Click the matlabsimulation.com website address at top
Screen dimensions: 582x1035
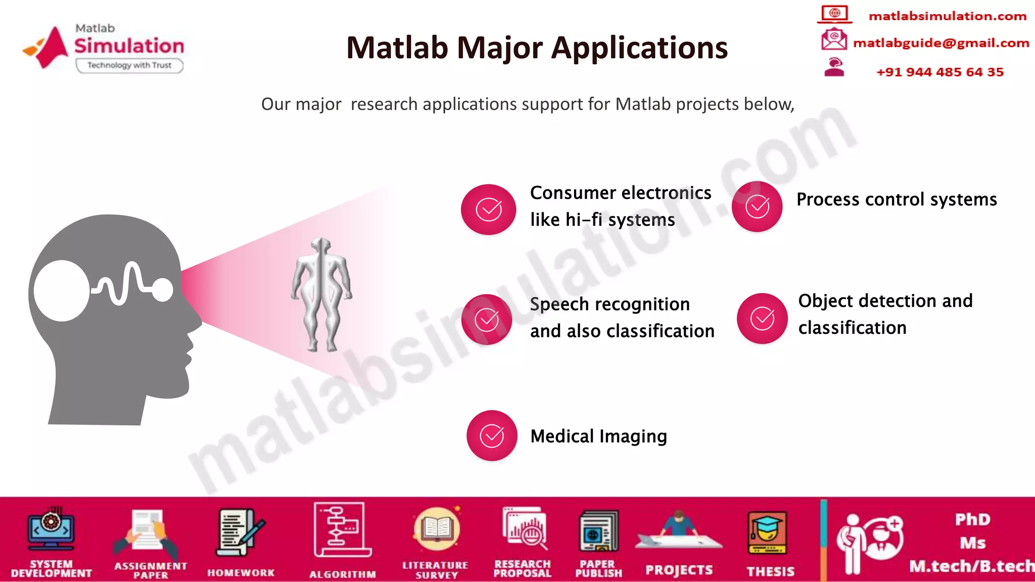point(947,16)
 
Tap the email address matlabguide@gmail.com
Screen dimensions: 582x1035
point(940,43)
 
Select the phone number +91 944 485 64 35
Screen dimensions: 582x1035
point(939,72)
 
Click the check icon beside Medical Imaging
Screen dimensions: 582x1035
point(492,435)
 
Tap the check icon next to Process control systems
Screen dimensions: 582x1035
point(757,206)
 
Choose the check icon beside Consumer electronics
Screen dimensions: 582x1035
point(489,209)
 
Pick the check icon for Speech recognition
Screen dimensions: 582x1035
point(487,319)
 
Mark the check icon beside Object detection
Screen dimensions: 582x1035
point(762,318)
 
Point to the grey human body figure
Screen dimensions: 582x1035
point(321,294)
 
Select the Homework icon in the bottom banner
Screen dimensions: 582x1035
point(241,533)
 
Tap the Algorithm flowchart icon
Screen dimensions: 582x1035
point(342,529)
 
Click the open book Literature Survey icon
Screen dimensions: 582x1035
point(436,529)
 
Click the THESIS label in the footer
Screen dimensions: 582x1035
point(770,571)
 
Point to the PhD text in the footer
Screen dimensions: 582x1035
point(972,519)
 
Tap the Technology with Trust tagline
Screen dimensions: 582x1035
point(129,65)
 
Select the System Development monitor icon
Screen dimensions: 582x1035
point(51,529)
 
